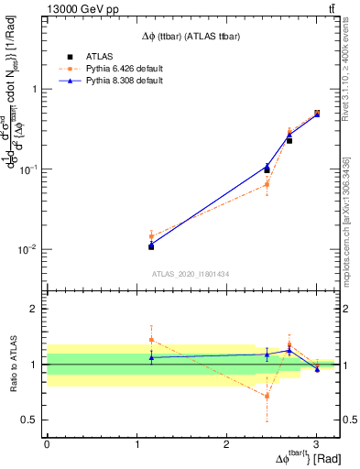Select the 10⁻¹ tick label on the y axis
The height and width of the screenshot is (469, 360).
(x=29, y=169)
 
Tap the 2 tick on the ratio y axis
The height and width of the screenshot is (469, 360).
(x=34, y=309)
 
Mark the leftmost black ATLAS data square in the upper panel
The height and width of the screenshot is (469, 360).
(x=151, y=246)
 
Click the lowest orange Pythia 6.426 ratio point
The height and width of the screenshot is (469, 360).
(x=267, y=397)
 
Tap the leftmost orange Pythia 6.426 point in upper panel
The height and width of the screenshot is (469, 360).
(x=151, y=236)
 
